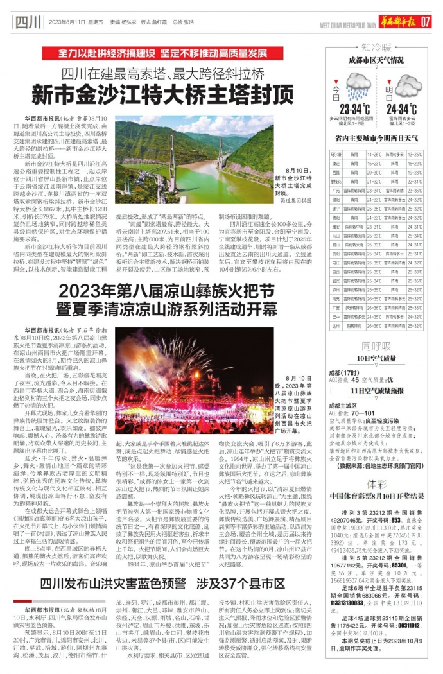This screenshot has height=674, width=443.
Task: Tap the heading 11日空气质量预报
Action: click(376, 390)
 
